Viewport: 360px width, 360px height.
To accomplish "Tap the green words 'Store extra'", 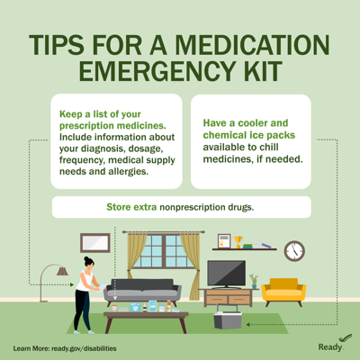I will [131, 207].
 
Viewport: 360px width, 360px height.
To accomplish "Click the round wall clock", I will [294, 251].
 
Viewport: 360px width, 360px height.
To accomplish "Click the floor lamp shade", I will [62, 270].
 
